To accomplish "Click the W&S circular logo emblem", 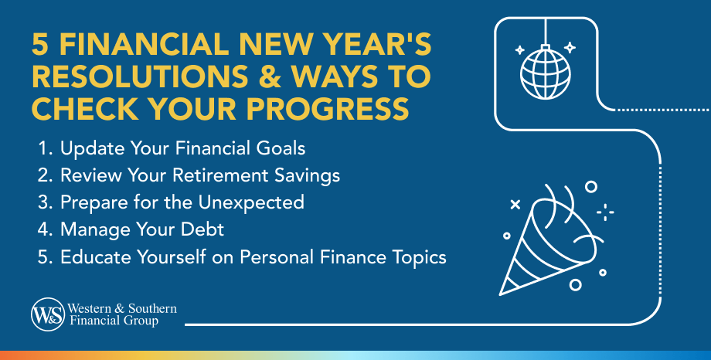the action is coord(48,314).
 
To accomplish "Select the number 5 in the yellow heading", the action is coord(40,45).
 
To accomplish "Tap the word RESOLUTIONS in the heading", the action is coord(140,76).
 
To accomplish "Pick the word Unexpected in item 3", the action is coord(251,202).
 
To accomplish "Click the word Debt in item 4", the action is coord(202,229).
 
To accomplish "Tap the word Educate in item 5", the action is coord(96,257).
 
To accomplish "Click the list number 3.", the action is coord(45,202).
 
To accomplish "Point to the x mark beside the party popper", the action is coord(515,205).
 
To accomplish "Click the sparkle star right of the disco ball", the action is coord(570,47).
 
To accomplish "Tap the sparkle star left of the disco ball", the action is coord(519,50).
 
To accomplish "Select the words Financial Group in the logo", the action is coord(114,321).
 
